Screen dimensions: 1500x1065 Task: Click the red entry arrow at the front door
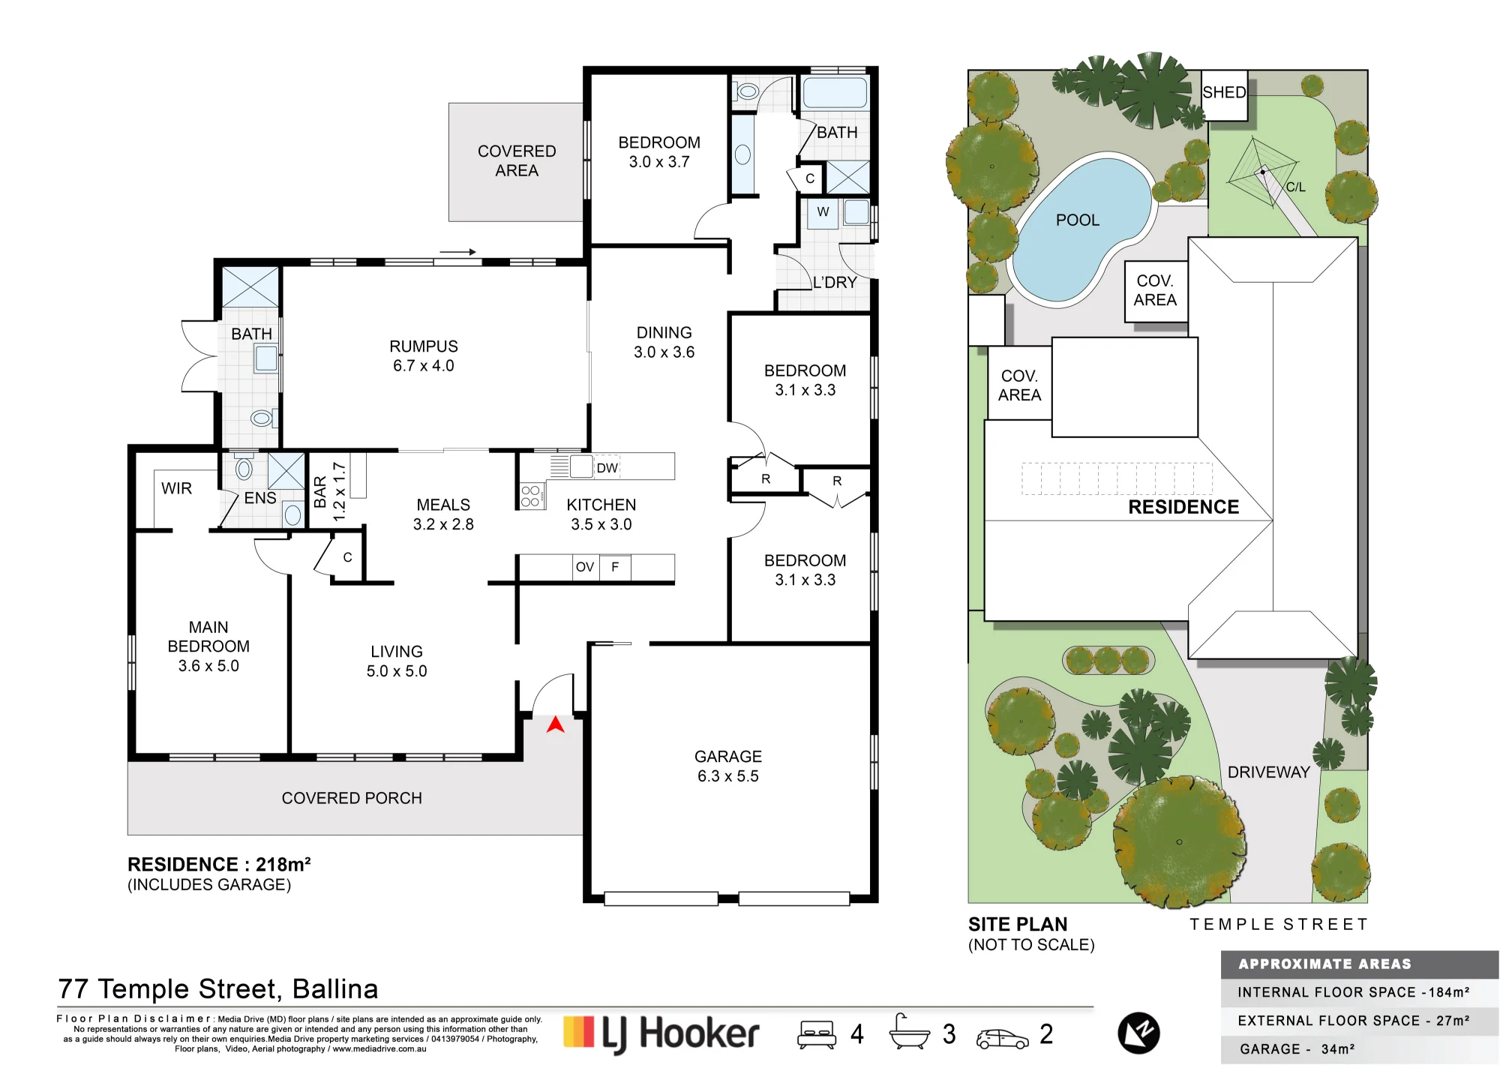tap(555, 724)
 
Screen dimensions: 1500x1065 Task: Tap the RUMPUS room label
tap(424, 346)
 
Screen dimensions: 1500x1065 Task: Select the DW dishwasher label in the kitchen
tap(607, 468)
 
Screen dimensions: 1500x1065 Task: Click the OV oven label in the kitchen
tap(585, 567)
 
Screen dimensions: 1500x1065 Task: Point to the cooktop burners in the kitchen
tap(531, 496)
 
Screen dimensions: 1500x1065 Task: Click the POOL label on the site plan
tap(1078, 220)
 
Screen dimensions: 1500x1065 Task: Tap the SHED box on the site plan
tap(1225, 94)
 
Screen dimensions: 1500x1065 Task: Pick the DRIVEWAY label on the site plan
tap(1269, 772)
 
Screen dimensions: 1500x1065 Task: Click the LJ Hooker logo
tap(661, 1033)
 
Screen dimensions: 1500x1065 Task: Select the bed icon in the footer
tap(817, 1033)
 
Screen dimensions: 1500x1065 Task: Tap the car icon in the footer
tap(1003, 1038)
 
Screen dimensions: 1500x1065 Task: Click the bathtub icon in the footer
tap(909, 1032)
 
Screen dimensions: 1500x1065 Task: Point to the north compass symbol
tap(1139, 1033)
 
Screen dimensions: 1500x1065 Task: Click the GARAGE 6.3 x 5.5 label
tap(728, 766)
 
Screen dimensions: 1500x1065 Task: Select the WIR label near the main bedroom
tap(176, 488)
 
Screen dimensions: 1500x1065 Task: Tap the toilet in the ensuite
tap(243, 466)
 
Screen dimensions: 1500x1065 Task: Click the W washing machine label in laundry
tap(823, 211)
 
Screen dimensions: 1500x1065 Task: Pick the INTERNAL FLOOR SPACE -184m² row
tap(1354, 992)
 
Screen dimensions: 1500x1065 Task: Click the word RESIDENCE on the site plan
tap(1183, 507)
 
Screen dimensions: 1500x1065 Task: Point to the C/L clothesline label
tap(1296, 187)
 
